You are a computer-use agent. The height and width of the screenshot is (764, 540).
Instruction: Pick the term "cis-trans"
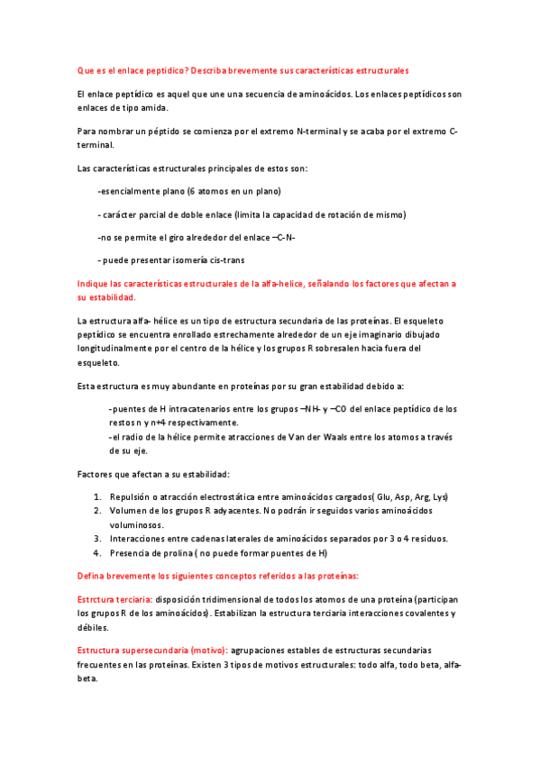pyautogui.click(x=223, y=260)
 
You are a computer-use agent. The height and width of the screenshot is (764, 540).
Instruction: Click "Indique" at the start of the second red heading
pyautogui.click(x=93, y=284)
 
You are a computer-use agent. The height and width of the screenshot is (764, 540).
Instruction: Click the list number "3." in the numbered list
pyautogui.click(x=98, y=539)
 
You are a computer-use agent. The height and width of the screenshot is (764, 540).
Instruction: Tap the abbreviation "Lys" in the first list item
pyautogui.click(x=439, y=496)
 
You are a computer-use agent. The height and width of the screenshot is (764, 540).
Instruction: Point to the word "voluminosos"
pyautogui.click(x=137, y=523)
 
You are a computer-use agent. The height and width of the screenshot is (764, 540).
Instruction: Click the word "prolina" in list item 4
pyautogui.click(x=174, y=553)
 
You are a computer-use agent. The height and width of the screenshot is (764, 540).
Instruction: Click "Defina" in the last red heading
pyautogui.click(x=92, y=576)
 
